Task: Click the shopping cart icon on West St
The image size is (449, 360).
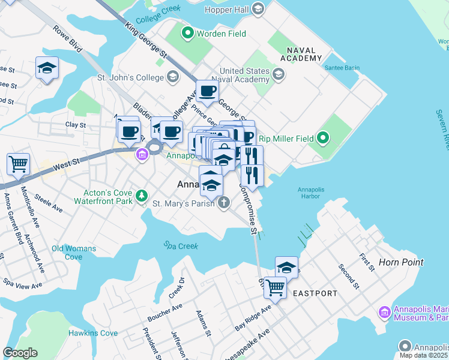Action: (x=19, y=163)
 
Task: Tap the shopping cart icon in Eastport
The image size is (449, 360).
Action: (x=275, y=287)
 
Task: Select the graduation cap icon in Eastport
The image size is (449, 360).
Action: (x=287, y=267)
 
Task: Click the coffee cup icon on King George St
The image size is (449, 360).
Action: (x=208, y=91)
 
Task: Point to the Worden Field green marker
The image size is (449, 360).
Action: (x=188, y=34)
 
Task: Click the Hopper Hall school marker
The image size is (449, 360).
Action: (x=258, y=8)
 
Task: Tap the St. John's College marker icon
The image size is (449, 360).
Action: (x=173, y=77)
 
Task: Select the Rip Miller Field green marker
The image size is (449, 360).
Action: (x=323, y=139)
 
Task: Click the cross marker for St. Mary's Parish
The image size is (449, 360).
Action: (x=224, y=203)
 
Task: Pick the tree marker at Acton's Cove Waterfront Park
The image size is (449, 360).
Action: (x=141, y=196)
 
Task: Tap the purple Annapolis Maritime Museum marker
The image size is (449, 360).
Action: (x=384, y=312)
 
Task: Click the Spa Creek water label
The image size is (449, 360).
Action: (x=181, y=245)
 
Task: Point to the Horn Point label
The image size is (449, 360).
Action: (x=401, y=262)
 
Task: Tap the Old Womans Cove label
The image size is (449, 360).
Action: (x=74, y=253)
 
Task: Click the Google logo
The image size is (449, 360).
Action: (x=20, y=353)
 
